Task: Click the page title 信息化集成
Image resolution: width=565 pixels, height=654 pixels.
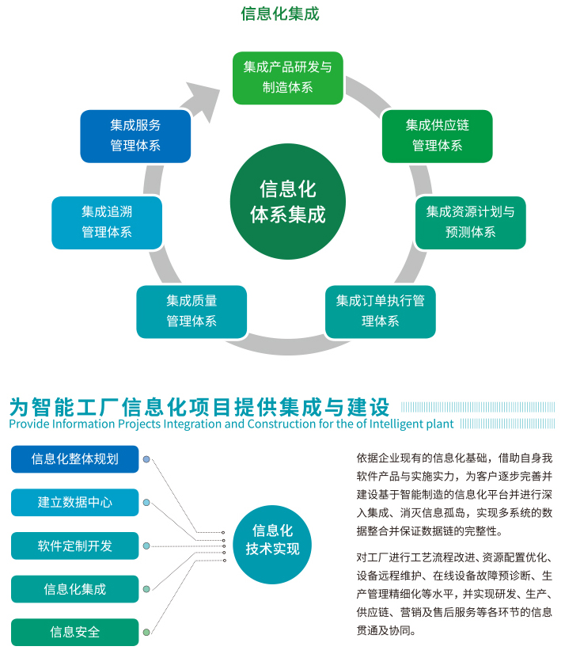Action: pos(280,13)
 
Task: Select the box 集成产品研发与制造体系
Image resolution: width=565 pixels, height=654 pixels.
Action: pos(288,78)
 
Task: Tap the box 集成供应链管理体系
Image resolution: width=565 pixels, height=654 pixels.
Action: pos(437,136)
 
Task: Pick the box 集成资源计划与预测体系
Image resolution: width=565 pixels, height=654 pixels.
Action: pos(470,222)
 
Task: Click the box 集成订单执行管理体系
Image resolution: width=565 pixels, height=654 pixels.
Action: pos(381,312)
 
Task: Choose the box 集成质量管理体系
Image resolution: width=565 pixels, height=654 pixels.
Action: pos(191,312)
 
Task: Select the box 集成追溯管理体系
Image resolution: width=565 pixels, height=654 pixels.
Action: pos(107,222)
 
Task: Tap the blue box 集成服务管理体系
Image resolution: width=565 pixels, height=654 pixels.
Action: pos(135,136)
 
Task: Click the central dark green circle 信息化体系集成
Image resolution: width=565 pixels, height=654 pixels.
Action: pos(288,201)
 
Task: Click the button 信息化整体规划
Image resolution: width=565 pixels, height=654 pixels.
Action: pos(74,458)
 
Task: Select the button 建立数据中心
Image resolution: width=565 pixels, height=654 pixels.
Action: pos(74,502)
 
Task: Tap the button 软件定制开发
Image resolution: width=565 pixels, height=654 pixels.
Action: pos(74,546)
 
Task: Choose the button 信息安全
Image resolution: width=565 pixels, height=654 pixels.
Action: pos(74,632)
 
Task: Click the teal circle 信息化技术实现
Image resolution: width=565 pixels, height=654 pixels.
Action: pos(272,544)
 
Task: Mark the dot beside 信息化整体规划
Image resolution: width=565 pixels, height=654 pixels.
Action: pos(146,459)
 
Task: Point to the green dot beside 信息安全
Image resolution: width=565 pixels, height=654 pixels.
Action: pos(146,633)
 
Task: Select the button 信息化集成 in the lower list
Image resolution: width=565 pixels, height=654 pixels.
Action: pos(74,589)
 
